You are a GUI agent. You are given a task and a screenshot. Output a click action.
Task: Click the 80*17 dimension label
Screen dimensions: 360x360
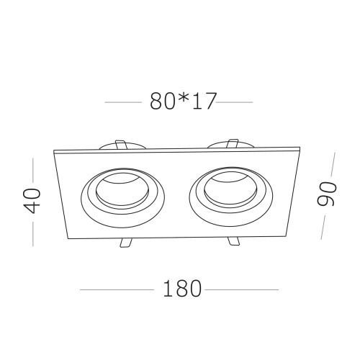click(183, 102)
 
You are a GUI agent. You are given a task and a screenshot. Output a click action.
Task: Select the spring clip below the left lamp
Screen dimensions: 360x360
click(124, 243)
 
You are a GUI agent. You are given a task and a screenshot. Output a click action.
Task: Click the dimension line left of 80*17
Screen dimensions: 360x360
click(123, 103)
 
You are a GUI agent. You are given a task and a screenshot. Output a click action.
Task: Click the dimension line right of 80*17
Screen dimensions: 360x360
click(235, 103)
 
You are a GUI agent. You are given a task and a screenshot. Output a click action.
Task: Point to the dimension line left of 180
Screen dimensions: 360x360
click(115, 289)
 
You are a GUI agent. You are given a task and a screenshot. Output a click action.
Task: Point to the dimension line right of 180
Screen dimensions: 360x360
click(241, 289)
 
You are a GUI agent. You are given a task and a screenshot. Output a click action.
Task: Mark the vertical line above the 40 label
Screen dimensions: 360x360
click(33, 170)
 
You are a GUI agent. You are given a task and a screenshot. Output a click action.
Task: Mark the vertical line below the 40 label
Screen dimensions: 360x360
click(33, 232)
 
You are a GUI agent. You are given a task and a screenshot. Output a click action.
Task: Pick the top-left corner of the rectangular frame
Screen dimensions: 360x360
click(55, 150)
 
